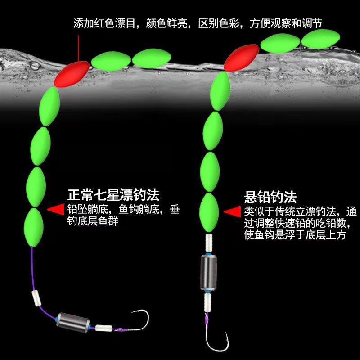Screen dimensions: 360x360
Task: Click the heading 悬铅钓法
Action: tap(270, 197)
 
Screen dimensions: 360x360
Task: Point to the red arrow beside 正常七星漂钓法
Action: tap(56, 210)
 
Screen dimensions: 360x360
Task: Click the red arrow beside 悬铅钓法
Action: tap(232, 212)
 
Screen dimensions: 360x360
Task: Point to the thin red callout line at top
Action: tap(78, 45)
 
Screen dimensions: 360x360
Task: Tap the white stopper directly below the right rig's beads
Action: tap(208, 241)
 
